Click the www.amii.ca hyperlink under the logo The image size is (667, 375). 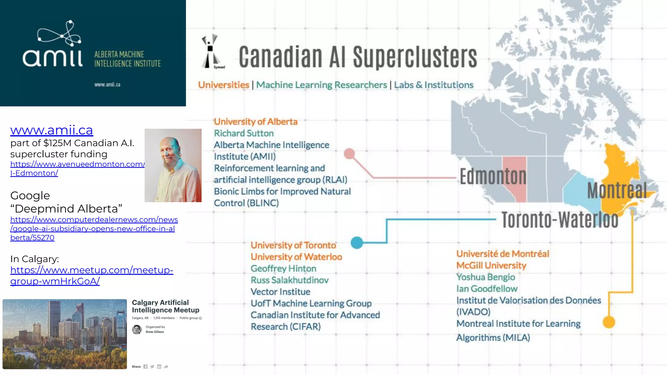(51, 130)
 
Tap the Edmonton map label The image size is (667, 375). (493, 177)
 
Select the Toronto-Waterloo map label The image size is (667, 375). (560, 220)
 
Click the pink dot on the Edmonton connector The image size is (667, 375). (349, 154)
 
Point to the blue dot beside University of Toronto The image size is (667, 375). (357, 243)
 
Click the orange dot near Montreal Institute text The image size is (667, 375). (609, 322)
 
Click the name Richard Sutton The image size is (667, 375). (244, 133)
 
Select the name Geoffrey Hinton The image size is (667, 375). (283, 269)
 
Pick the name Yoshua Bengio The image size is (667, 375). (486, 277)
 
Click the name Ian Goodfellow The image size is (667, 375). (487, 289)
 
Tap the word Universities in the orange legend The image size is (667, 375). (223, 85)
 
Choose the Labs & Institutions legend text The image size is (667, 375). (433, 85)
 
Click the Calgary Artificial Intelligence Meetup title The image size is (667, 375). (165, 306)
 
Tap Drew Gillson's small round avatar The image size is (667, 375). (137, 329)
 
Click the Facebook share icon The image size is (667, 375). (145, 367)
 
